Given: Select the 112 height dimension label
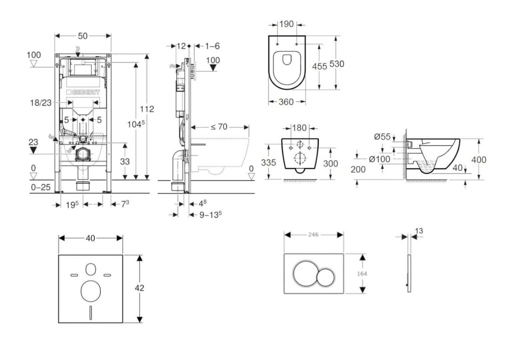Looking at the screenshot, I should (x=147, y=109).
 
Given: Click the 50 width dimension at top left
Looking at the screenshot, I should (x=83, y=36).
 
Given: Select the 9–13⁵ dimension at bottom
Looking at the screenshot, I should (x=210, y=215).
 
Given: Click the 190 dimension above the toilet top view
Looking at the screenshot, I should (x=287, y=24).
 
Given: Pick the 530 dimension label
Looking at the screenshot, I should (x=337, y=64).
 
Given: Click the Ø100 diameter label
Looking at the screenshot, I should (x=379, y=159).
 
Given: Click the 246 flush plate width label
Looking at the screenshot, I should (x=314, y=234).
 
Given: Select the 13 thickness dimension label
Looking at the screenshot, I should (x=419, y=231).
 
